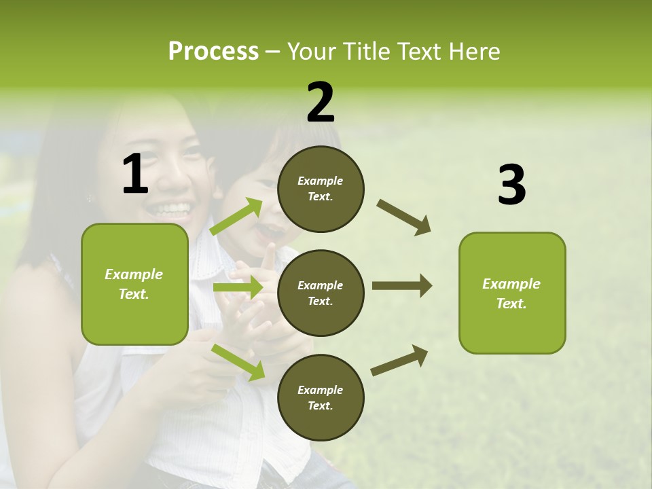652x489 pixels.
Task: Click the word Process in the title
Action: pos(213,51)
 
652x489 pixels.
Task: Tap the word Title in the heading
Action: pos(363,51)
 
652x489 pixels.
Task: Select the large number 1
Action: pos(135,175)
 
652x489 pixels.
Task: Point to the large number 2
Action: pos(321,103)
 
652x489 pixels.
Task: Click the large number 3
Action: pos(511,185)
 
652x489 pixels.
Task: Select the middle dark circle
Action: pos(321,293)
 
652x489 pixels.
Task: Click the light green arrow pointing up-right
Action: pos(236,217)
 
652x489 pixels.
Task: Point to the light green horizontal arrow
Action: pos(238,287)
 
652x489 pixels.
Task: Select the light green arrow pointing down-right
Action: pos(238,362)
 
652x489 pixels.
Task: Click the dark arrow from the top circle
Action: pos(404,217)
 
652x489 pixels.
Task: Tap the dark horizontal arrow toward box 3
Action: pos(401,285)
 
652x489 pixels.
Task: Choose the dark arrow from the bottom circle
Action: pos(399,360)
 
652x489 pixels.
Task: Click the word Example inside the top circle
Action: pos(321,181)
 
